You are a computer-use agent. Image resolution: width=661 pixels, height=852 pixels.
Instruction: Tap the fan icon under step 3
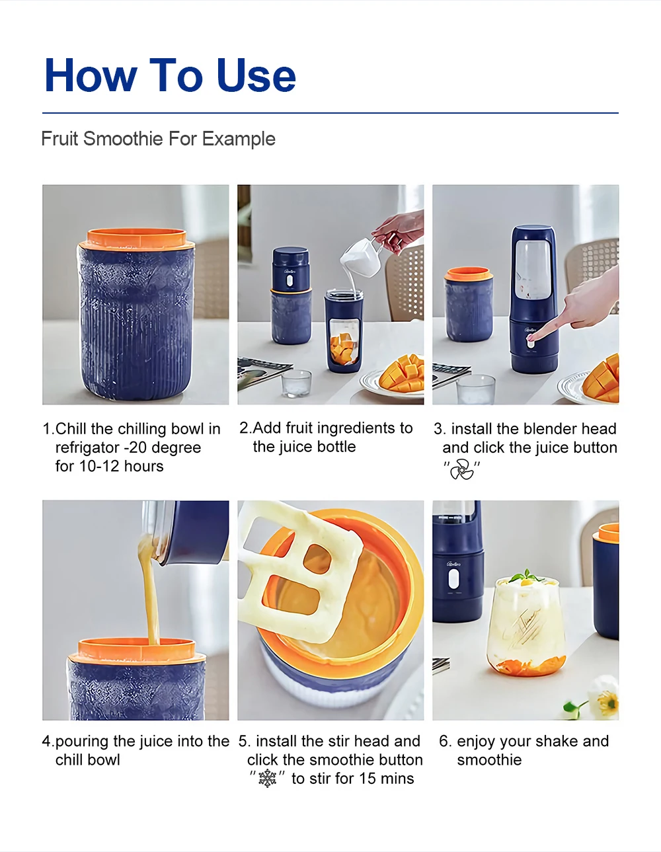click(x=462, y=469)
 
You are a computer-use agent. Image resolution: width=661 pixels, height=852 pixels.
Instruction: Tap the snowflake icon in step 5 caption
click(x=268, y=779)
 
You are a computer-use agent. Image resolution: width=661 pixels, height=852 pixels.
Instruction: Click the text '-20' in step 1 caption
click(x=138, y=447)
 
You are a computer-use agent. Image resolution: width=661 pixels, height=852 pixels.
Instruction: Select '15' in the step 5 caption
click(x=368, y=779)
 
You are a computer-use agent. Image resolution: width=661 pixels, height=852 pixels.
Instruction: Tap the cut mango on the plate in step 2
click(x=403, y=373)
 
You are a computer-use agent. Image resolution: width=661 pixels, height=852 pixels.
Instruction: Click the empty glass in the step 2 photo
click(x=295, y=383)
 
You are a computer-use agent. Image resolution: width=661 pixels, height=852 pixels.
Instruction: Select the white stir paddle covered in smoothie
click(x=301, y=568)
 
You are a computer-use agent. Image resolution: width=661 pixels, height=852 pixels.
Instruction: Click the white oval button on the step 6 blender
click(x=453, y=578)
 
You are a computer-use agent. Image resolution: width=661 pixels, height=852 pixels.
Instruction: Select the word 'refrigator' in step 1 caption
click(x=89, y=447)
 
